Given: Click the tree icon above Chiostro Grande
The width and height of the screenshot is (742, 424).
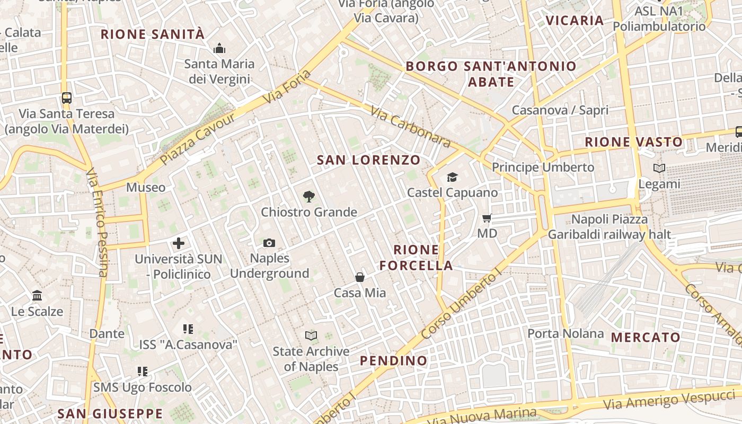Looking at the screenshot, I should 308,197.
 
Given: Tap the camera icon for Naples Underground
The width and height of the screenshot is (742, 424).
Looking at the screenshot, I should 269,243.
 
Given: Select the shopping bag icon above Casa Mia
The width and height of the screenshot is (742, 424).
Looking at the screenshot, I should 360,277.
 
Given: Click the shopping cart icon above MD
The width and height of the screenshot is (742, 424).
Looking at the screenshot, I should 487,218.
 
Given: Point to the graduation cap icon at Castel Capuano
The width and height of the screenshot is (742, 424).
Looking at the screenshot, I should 452,177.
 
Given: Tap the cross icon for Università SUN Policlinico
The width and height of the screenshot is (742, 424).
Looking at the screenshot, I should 179,244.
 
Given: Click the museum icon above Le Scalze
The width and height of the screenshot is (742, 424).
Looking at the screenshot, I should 37,296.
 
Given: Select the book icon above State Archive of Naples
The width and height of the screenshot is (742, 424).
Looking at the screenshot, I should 311,335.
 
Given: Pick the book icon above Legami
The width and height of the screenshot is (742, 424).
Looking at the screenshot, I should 659,169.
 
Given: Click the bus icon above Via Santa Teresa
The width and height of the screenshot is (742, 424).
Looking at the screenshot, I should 67,98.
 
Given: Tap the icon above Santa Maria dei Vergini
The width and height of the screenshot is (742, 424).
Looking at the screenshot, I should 219,49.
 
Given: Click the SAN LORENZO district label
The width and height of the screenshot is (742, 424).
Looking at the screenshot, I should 368,160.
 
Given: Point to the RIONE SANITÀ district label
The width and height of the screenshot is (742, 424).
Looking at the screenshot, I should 153,34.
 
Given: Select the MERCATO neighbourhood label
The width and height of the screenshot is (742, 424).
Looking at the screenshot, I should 646,338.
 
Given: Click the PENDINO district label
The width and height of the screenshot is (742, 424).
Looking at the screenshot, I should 393,361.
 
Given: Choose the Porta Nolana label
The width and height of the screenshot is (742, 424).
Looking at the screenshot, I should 566,333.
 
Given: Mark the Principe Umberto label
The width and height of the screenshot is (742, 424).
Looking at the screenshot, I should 543,167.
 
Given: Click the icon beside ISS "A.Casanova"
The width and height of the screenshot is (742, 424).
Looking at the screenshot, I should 188,329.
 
